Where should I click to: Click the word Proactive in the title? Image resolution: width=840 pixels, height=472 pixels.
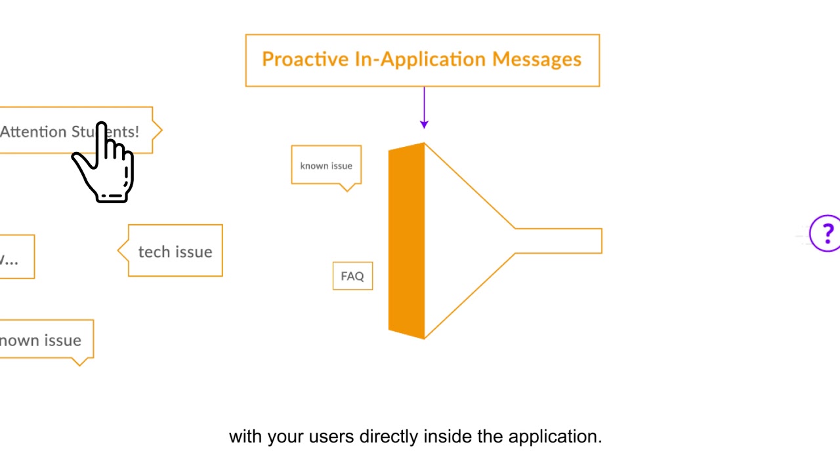pyautogui.click(x=305, y=60)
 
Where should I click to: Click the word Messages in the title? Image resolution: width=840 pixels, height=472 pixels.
pyautogui.click(x=537, y=60)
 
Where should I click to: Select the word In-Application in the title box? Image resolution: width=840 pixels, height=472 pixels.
pyautogui.click(x=421, y=60)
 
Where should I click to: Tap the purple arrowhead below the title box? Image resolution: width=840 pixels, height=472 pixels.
pyautogui.click(x=424, y=123)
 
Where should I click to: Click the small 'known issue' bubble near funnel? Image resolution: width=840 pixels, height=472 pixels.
pyautogui.click(x=326, y=165)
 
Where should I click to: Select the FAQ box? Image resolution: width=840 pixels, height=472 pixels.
pyautogui.click(x=352, y=276)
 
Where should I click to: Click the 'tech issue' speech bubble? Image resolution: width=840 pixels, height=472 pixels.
pyautogui.click(x=175, y=252)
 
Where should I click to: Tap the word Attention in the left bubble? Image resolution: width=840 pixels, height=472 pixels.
pyautogui.click(x=33, y=132)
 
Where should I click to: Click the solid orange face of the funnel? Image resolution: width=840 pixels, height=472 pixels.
pyautogui.click(x=406, y=241)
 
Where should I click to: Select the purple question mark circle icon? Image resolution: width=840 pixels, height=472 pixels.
pyautogui.click(x=826, y=233)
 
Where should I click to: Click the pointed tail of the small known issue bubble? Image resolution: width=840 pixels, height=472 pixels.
pyautogui.click(x=348, y=188)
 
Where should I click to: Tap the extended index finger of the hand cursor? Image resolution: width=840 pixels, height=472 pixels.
pyautogui.click(x=102, y=134)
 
